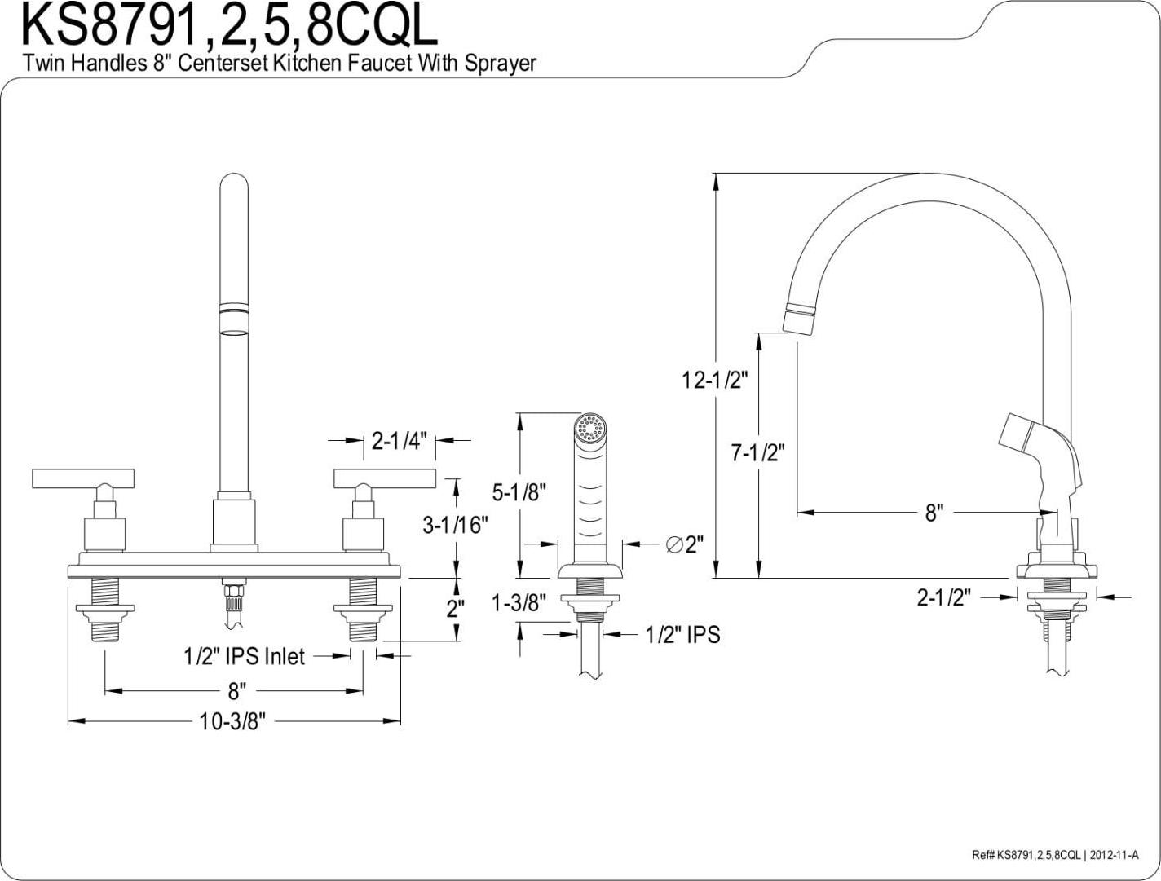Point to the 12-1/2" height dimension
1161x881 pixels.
tap(715, 380)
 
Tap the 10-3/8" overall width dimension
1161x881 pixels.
tap(234, 721)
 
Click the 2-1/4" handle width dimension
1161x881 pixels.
tap(400, 441)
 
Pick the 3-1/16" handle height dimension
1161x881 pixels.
tap(455, 524)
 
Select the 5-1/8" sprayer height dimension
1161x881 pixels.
tap(519, 491)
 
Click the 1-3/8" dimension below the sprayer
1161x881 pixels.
tap(519, 604)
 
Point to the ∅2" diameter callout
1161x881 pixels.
tap(684, 544)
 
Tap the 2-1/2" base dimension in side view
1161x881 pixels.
tap(944, 598)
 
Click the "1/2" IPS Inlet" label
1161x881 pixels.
tap(244, 655)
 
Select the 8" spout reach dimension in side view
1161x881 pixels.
tap(934, 513)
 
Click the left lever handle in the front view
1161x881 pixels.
tap(82, 477)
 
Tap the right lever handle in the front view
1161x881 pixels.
tap(385, 477)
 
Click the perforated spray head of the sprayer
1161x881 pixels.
tap(591, 429)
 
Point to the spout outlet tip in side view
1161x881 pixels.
tap(801, 319)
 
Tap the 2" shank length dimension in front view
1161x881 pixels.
tap(455, 608)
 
